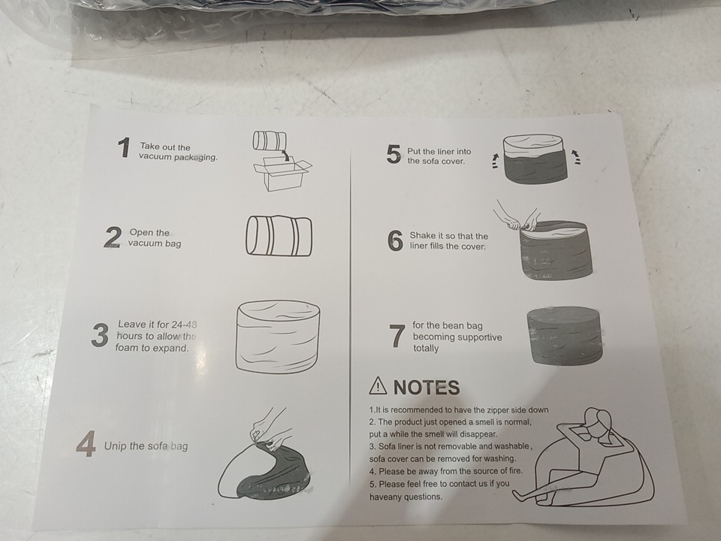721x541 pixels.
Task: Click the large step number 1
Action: point(124,148)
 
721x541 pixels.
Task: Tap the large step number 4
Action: point(86,444)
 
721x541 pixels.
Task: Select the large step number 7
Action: point(397,337)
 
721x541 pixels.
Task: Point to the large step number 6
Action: point(395,241)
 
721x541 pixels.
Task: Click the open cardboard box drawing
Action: point(282,174)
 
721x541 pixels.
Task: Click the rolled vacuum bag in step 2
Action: point(279,235)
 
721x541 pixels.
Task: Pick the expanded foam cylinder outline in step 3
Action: point(278,337)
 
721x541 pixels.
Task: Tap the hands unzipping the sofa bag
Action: point(270,429)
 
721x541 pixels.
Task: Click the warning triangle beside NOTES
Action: point(378,385)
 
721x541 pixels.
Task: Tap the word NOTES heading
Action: point(427,388)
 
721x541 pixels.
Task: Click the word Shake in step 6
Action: point(423,235)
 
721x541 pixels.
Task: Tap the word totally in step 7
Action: point(426,348)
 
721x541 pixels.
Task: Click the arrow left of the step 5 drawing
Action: point(494,161)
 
